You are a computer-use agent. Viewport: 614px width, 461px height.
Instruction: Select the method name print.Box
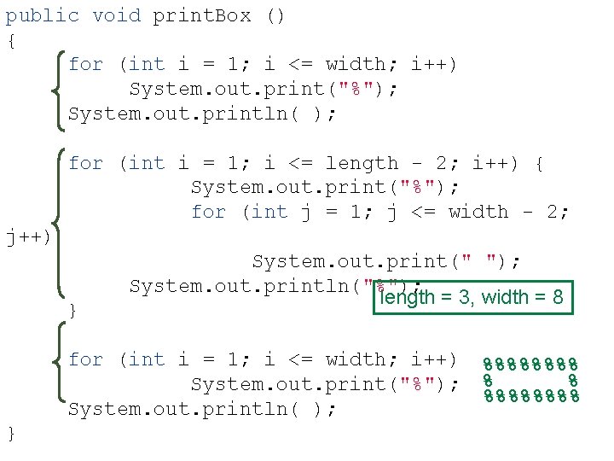click(x=202, y=15)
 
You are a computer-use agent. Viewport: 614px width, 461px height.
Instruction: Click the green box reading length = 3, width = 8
click(x=472, y=297)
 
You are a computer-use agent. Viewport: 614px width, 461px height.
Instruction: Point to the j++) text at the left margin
click(x=28, y=236)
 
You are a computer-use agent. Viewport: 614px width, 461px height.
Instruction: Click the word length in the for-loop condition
click(x=362, y=163)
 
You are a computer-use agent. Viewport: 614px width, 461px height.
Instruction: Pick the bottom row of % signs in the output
click(x=530, y=395)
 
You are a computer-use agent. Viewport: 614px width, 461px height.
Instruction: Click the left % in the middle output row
click(x=487, y=379)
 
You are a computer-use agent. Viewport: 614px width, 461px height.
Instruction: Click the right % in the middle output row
click(x=574, y=379)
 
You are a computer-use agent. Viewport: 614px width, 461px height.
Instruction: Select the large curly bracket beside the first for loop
click(x=60, y=89)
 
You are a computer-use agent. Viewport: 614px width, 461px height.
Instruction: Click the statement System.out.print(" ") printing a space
click(x=386, y=261)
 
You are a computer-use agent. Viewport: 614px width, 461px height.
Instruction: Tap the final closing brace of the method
click(x=11, y=434)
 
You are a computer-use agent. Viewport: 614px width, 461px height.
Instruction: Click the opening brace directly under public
click(x=11, y=40)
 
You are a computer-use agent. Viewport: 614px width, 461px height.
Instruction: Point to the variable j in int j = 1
click(x=306, y=212)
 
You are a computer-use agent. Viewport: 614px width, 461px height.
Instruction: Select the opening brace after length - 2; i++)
click(x=539, y=163)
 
